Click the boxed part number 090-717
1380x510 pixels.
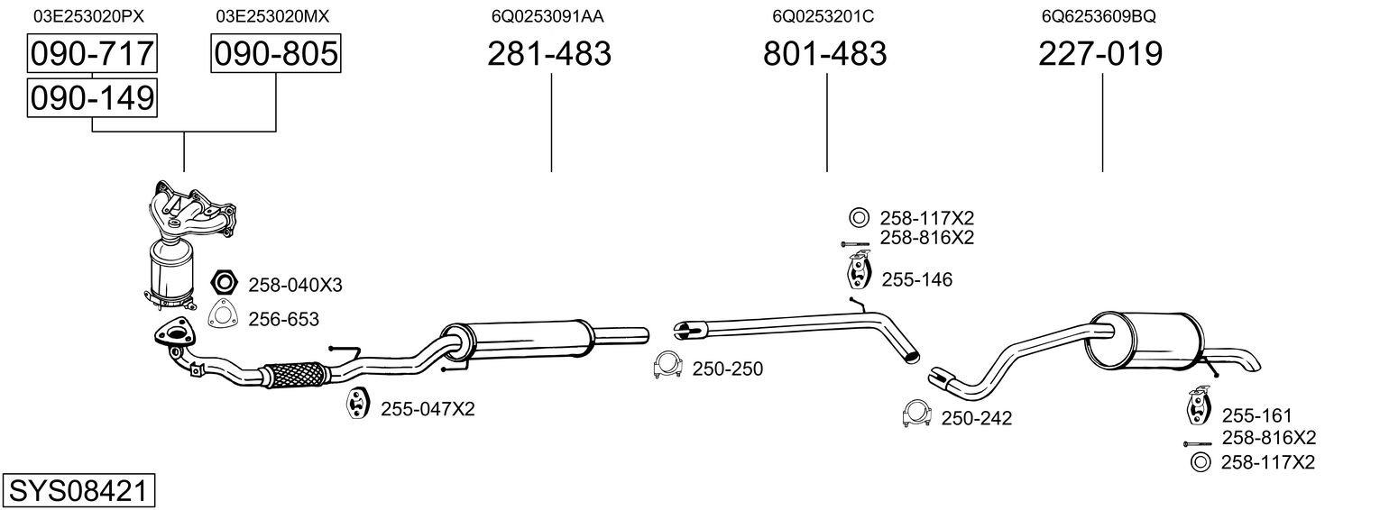point(92,53)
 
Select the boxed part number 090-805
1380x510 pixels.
point(275,53)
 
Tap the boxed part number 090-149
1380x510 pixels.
point(92,97)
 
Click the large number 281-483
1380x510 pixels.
point(549,53)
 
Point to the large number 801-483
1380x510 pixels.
point(825,53)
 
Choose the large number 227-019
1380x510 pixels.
point(1100,53)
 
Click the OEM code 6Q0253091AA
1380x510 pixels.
point(547,16)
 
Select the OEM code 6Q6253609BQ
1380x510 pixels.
point(1099,16)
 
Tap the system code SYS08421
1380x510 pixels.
point(78,491)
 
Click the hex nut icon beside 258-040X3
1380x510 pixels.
point(224,282)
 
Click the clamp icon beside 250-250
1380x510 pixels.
point(667,365)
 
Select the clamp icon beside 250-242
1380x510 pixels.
point(916,414)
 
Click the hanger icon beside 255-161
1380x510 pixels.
point(1198,405)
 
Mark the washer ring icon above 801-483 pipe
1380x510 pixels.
point(858,217)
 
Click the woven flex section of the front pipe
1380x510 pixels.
point(294,374)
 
